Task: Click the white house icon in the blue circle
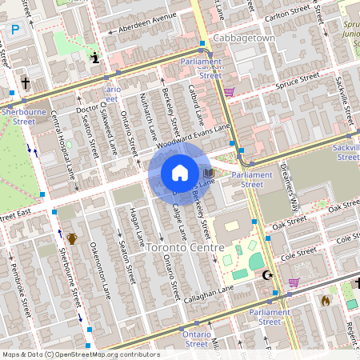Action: point(180,173)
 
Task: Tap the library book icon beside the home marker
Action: point(209,173)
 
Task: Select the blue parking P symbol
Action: point(14,30)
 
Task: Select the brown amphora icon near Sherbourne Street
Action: point(71,238)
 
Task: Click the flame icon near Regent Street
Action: point(325,301)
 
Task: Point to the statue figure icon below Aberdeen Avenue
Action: point(96,58)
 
